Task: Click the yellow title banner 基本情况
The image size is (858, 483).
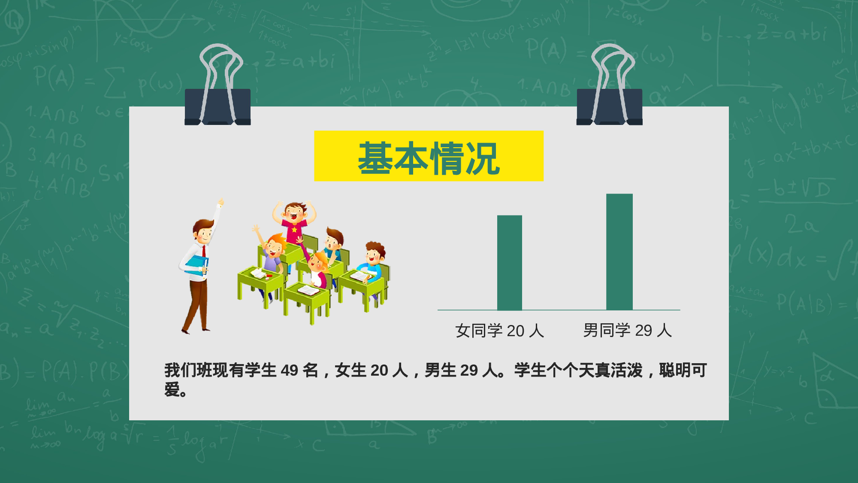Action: [x=429, y=156]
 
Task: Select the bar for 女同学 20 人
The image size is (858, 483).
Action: [x=509, y=262]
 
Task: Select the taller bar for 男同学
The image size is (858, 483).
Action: [x=619, y=252]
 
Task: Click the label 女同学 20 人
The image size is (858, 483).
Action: [x=500, y=331]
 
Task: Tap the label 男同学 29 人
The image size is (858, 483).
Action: [x=627, y=330]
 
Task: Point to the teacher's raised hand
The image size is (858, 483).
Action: [x=221, y=202]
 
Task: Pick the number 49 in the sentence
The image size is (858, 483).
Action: [x=289, y=370]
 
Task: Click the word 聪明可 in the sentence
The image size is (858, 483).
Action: [x=683, y=370]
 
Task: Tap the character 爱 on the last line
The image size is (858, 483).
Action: [x=172, y=390]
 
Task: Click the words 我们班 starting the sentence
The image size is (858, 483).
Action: [x=189, y=370]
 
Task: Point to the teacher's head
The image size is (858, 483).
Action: [x=203, y=231]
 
